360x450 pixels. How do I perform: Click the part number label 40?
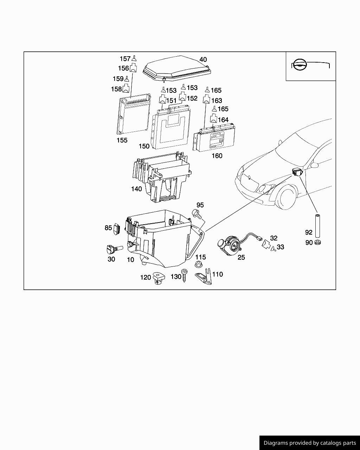point(203,60)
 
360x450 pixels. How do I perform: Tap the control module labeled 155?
point(134,115)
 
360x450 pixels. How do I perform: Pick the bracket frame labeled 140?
point(162,178)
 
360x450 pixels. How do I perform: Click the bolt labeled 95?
point(196,214)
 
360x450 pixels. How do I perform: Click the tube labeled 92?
point(317,226)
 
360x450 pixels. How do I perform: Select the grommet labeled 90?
point(318,243)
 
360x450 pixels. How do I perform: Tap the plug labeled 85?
point(118,228)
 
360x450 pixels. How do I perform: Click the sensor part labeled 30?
point(112,249)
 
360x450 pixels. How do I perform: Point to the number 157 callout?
point(125,59)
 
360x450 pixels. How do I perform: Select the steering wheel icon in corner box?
point(300,65)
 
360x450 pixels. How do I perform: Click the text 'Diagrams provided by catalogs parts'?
point(309,443)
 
